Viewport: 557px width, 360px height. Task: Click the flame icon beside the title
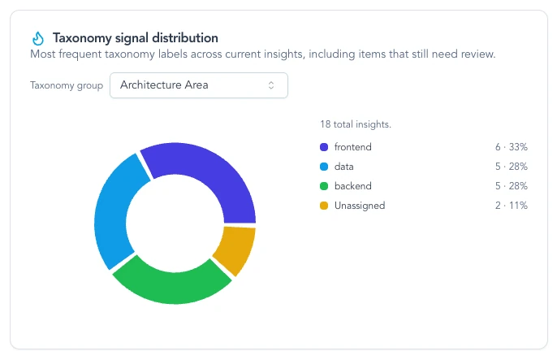(x=37, y=38)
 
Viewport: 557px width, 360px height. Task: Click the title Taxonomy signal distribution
(x=135, y=38)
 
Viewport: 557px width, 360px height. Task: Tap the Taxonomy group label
(x=67, y=85)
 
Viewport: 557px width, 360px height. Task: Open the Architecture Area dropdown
(x=198, y=85)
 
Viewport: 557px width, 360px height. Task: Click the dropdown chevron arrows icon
(x=271, y=85)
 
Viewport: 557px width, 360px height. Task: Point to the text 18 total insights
(x=356, y=124)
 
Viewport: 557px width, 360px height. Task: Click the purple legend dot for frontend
(x=324, y=147)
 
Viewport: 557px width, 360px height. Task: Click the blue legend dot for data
(x=324, y=167)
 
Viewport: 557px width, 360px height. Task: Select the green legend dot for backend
(x=324, y=186)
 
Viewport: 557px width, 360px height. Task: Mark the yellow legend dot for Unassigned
(x=324, y=206)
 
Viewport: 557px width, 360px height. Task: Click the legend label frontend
(x=352, y=147)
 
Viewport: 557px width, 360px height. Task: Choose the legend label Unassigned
(x=359, y=206)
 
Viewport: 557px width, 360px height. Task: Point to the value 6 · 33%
(x=512, y=147)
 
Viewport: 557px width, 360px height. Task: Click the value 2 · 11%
(x=512, y=206)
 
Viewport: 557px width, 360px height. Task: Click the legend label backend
(x=352, y=186)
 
